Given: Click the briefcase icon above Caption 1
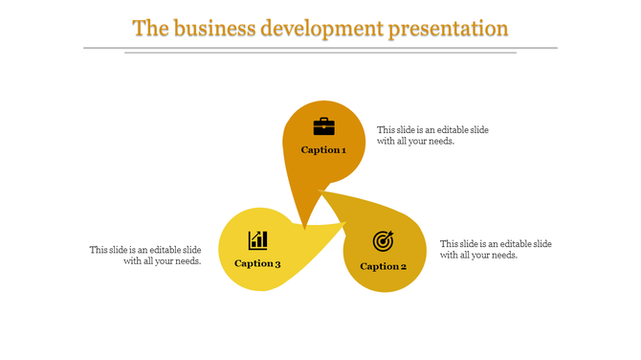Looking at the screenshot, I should click(x=324, y=126).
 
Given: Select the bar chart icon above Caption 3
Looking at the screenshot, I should click(x=257, y=240).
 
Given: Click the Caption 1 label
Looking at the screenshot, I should click(x=323, y=150).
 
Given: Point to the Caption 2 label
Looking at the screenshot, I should click(x=384, y=266).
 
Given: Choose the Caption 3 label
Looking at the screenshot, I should click(x=257, y=264).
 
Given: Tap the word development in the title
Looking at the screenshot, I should click(x=322, y=28).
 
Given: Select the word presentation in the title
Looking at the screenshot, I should click(x=448, y=29).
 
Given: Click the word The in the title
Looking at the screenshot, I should click(x=149, y=28).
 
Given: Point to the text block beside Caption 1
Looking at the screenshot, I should click(x=433, y=135).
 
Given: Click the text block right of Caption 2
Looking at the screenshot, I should click(x=496, y=249).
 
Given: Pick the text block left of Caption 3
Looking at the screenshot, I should click(x=145, y=255).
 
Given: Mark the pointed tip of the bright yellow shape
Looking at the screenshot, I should click(x=345, y=224).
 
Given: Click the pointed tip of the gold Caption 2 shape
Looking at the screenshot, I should click(x=320, y=191).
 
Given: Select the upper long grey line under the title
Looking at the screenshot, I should click(x=320, y=47).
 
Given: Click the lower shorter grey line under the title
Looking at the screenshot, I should click(x=320, y=53).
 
